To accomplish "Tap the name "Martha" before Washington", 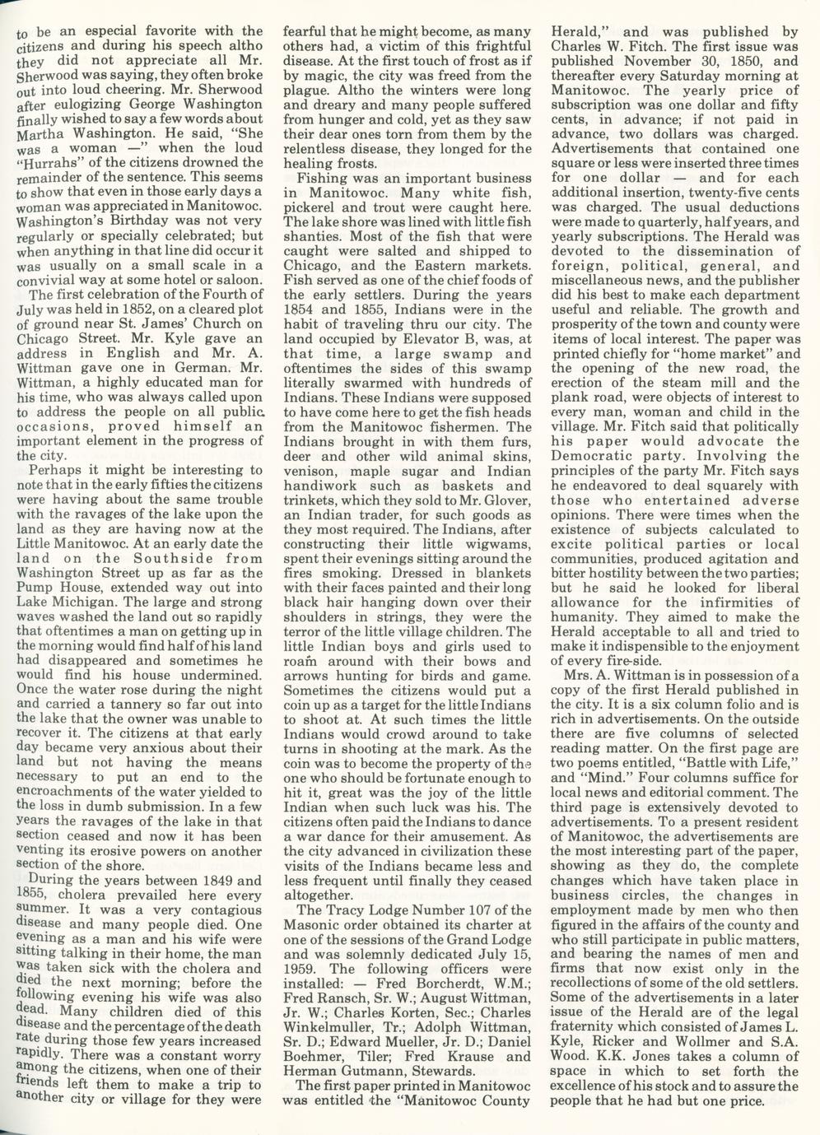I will [41, 133].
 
